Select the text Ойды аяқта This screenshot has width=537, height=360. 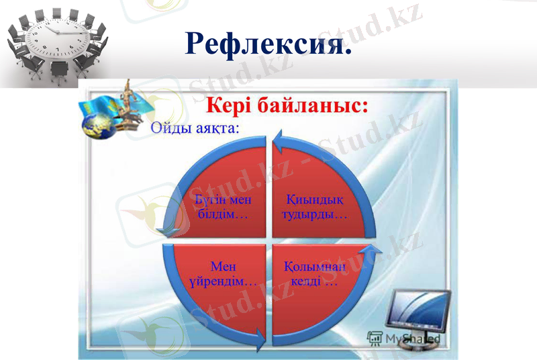(x=195, y=128)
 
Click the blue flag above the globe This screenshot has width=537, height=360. (x=93, y=105)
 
